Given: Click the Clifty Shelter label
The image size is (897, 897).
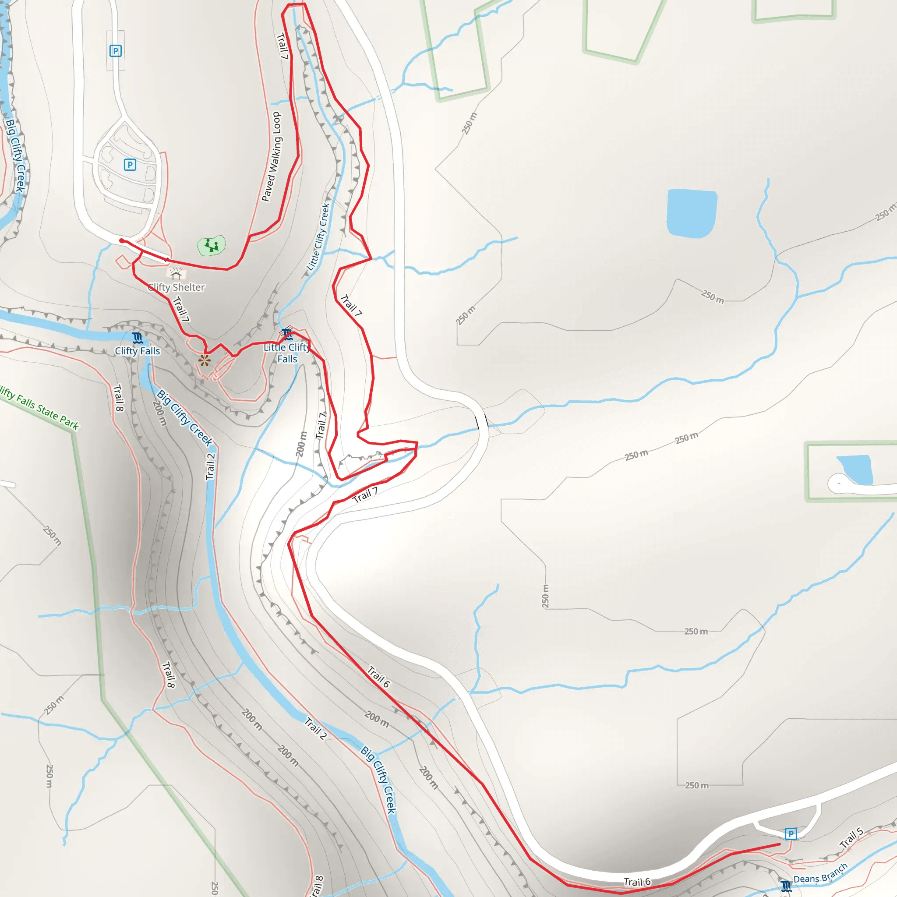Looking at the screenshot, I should [177, 287].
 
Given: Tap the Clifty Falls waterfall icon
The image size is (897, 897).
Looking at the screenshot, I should [138, 338].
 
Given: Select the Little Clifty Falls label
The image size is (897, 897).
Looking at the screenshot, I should [287, 353].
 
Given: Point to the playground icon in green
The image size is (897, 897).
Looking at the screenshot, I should [212, 245].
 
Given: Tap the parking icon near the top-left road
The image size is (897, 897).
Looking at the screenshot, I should [116, 51].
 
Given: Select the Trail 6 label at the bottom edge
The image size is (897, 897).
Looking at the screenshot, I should [637, 882].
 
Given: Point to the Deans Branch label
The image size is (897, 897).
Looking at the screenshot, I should [820, 873].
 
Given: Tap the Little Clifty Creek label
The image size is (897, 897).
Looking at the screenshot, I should [318, 237].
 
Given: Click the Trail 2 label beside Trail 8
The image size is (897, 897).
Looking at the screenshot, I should [210, 466].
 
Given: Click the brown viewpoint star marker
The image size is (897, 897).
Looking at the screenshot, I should [204, 360].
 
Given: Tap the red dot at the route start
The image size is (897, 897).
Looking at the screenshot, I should [122, 240].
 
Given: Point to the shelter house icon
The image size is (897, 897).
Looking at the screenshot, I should [176, 275].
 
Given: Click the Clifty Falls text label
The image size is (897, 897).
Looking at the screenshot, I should [138, 351].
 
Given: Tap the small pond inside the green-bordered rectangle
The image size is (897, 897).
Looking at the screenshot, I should [855, 470].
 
